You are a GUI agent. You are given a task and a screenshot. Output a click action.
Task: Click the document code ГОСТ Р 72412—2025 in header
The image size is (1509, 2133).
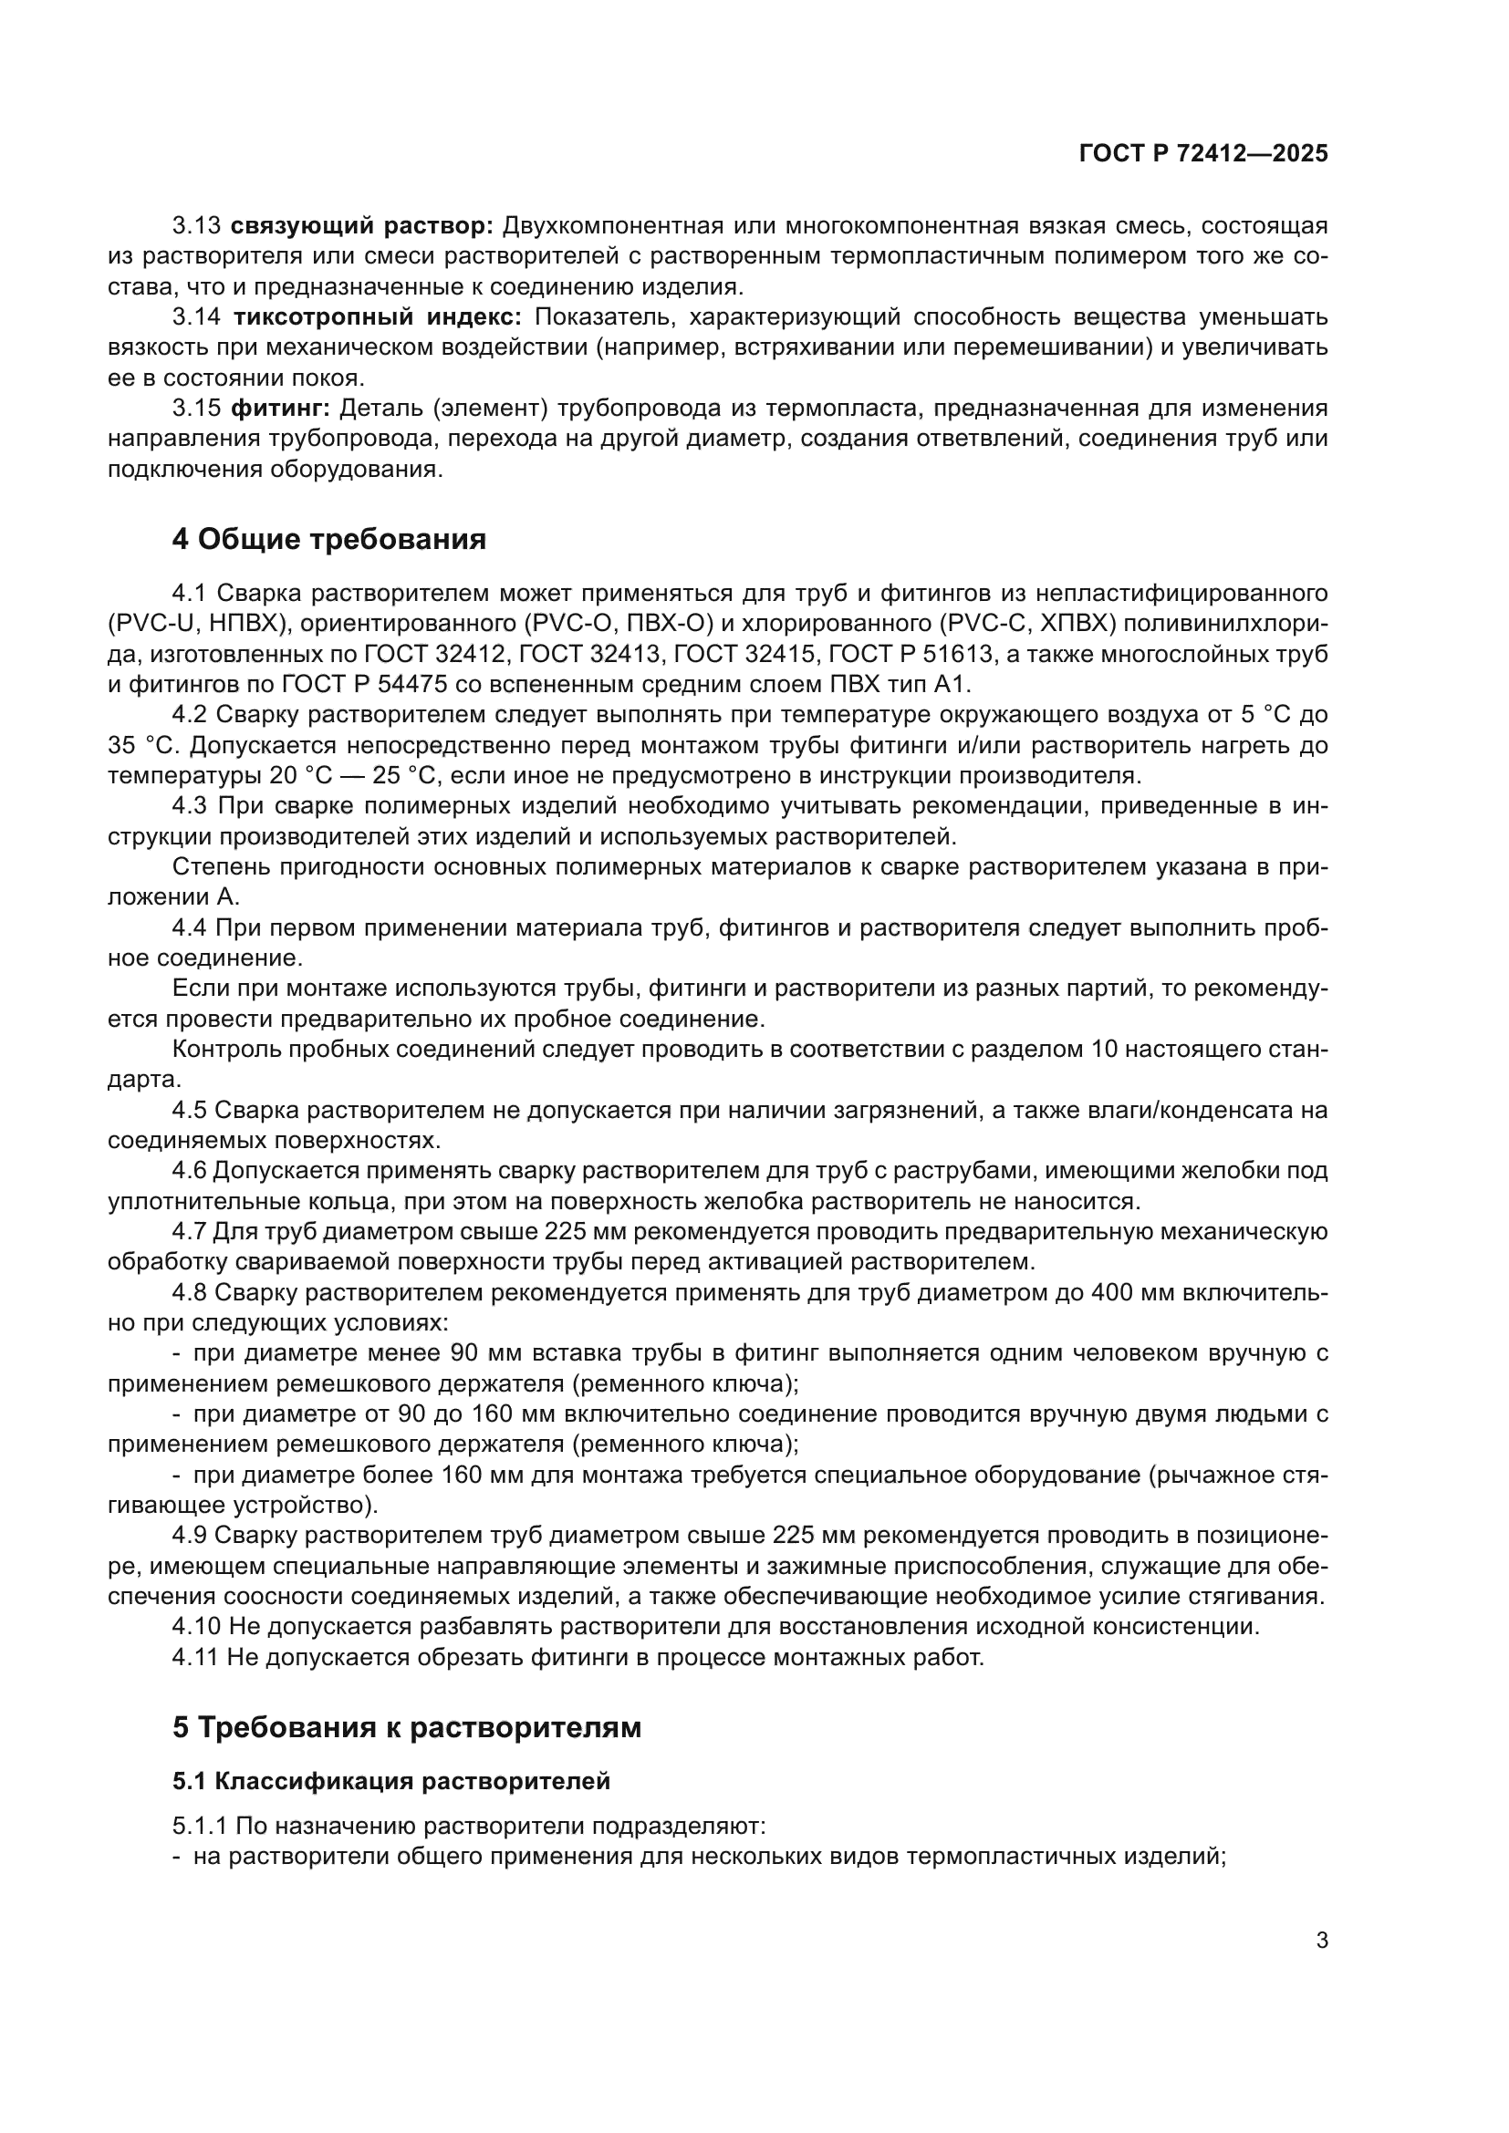1203,154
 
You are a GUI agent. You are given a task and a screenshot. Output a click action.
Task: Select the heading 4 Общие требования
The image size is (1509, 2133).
329,539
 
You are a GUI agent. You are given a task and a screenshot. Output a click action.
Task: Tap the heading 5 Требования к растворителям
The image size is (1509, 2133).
406,1728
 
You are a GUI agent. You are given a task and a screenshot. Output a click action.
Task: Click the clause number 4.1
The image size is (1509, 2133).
192,593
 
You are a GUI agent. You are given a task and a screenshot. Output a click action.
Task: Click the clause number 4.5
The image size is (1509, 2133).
192,1110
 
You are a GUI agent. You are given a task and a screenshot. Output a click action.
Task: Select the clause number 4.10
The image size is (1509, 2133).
197,1627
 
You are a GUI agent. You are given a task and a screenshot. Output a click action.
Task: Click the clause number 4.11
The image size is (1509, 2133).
197,1657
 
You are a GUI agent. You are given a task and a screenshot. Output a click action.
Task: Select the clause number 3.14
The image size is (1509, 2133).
197,316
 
